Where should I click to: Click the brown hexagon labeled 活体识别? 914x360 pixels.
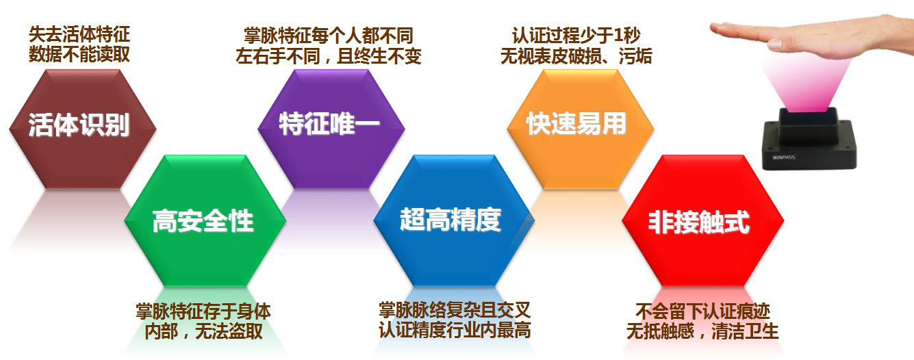83,129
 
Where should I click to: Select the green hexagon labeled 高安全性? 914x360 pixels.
205,220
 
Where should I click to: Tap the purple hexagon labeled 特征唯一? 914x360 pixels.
331,129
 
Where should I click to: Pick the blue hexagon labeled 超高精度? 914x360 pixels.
454,220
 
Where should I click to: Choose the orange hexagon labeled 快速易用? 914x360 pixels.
580,129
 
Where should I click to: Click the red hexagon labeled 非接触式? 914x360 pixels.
703,220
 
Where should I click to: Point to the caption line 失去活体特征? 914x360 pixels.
79,34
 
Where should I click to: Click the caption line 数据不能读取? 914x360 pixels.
79,54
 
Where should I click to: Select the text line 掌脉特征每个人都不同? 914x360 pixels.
329,36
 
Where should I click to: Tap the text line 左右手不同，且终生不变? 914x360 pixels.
329,56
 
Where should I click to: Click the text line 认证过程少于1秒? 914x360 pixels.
576,36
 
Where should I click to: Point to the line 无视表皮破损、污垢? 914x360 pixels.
576,56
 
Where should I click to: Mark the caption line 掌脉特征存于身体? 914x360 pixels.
203,311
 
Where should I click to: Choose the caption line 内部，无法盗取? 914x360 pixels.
203,331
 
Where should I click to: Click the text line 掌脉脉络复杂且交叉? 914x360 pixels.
455,310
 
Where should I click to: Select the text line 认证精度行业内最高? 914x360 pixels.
455,329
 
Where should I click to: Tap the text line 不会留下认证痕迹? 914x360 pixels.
702,311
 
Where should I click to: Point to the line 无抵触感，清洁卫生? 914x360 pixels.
702,331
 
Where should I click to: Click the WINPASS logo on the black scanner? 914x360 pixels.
784,157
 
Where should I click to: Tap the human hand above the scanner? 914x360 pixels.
812,39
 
